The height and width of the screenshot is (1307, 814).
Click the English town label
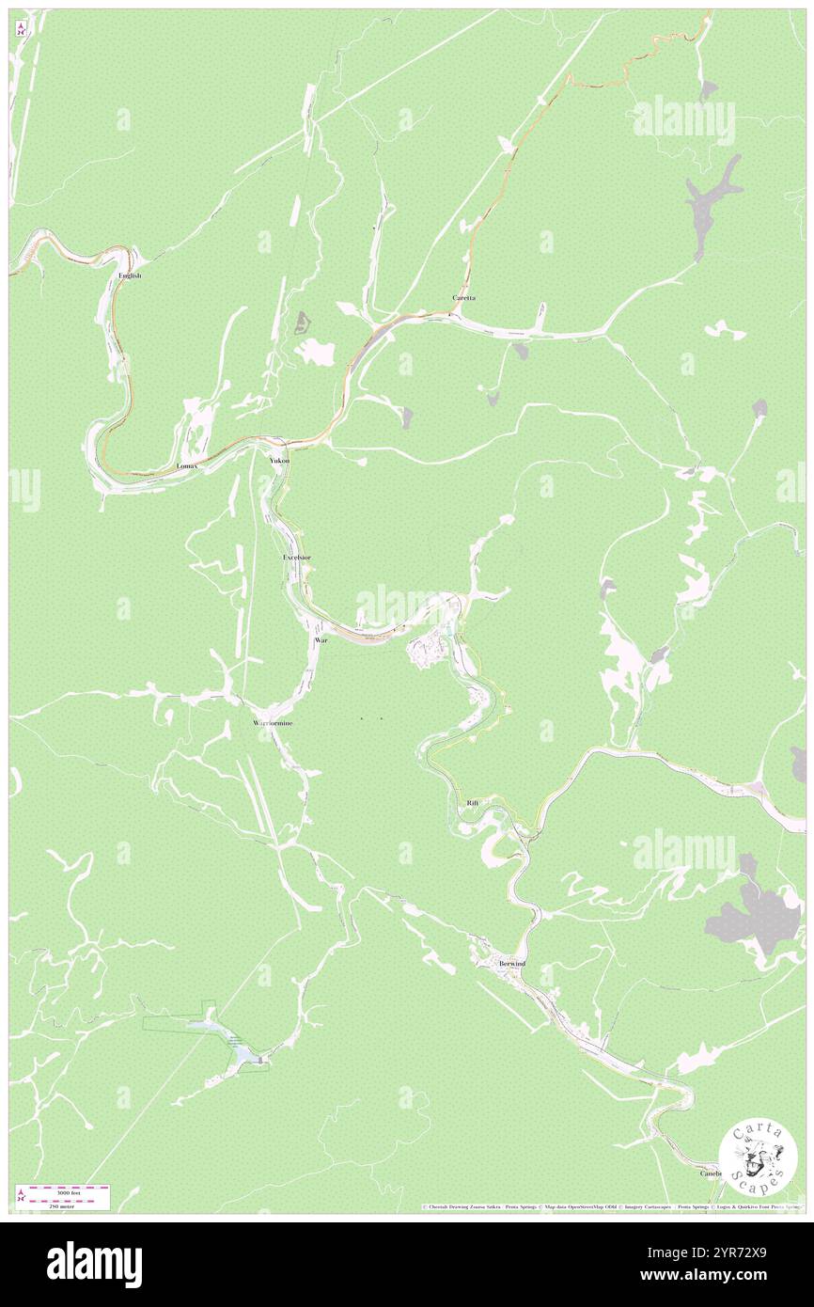point(130,276)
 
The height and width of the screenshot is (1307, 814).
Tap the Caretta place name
point(463,298)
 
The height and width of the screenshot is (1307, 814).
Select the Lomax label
point(186,466)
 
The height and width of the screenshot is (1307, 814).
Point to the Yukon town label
point(279,461)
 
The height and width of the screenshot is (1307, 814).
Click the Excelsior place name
point(297,558)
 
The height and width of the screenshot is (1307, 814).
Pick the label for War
point(321,639)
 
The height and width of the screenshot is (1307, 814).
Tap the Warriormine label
point(273,723)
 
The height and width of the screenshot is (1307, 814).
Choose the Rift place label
point(473,803)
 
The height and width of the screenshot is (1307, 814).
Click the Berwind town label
point(512,965)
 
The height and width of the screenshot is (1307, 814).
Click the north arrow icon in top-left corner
point(21,29)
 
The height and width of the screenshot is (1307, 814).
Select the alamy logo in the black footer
point(94,1265)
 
